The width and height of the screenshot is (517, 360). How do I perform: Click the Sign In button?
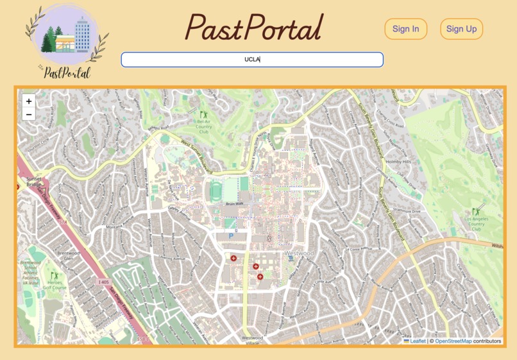(405, 29)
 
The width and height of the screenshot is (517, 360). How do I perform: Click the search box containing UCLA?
(252, 60)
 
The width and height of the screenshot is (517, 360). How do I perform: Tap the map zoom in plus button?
(29, 101)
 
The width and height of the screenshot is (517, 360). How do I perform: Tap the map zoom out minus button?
(29, 114)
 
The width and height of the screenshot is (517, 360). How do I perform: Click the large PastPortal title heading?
(253, 28)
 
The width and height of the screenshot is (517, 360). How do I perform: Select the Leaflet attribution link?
(417, 341)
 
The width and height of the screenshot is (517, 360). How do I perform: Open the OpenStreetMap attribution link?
(453, 341)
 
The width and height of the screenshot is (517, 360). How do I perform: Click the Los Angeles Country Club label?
(476, 224)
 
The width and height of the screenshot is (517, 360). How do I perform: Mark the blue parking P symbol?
(231, 236)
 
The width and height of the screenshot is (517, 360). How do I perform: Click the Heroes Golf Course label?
(55, 288)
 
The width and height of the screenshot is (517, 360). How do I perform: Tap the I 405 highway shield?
(103, 282)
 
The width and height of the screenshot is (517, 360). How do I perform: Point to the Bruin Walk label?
(235, 203)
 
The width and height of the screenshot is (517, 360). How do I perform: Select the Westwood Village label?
(252, 340)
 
